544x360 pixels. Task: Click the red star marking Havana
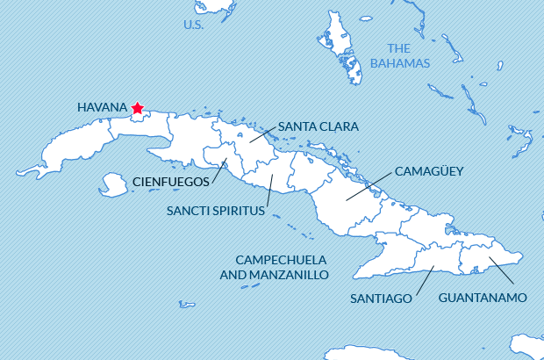tap(137, 108)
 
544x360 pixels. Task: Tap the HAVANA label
tap(103, 107)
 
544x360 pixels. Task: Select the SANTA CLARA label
tap(318, 126)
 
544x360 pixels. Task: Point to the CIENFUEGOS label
tap(171, 182)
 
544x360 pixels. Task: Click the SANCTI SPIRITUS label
tap(215, 211)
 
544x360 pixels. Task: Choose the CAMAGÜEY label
tap(429, 170)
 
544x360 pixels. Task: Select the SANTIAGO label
tap(381, 298)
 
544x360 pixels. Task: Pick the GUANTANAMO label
tap(483, 298)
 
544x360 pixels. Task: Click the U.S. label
tap(194, 25)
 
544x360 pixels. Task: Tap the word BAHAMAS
tap(400, 63)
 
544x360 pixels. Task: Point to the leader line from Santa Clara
tap(262, 133)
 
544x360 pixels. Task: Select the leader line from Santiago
tap(425, 280)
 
